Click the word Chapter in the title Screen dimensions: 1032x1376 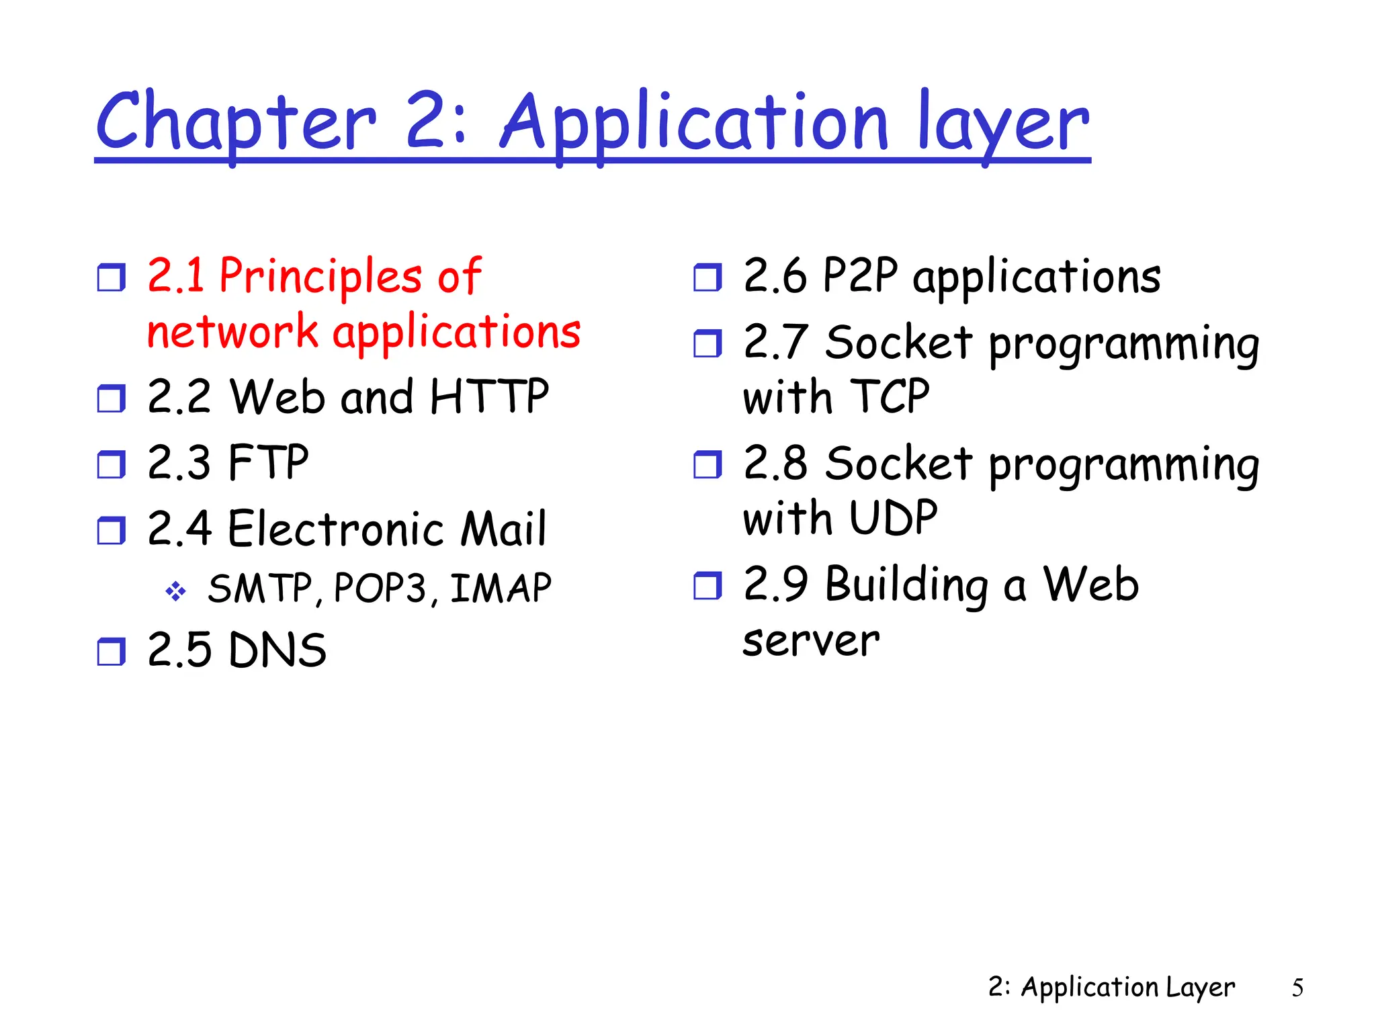click(x=235, y=122)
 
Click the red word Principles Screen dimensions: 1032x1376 click(x=320, y=276)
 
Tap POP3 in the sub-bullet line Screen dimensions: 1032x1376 click(x=380, y=589)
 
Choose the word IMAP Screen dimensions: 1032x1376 click(x=501, y=589)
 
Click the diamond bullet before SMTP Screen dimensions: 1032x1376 click(x=175, y=591)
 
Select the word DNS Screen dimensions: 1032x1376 click(x=277, y=650)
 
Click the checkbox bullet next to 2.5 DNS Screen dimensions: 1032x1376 click(x=111, y=652)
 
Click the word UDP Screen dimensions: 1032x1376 click(x=893, y=518)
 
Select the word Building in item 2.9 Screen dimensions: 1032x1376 click(x=906, y=584)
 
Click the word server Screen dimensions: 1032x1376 click(x=811, y=640)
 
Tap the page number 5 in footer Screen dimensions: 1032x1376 click(x=1297, y=988)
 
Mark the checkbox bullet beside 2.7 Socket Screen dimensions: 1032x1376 click(x=707, y=344)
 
